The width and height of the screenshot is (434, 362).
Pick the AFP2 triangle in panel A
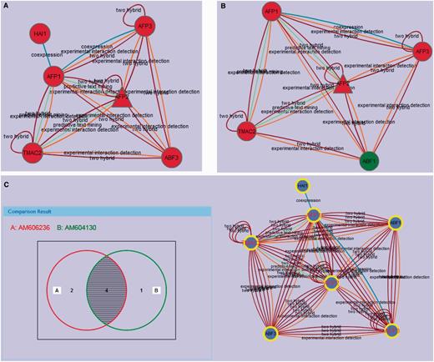[x=122, y=95]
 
